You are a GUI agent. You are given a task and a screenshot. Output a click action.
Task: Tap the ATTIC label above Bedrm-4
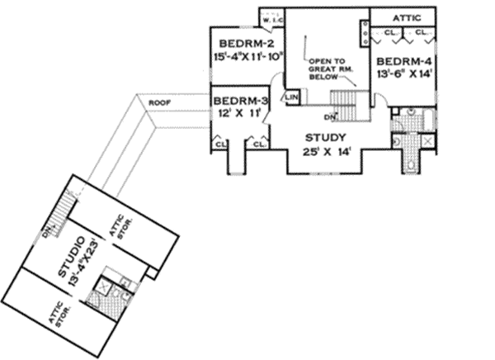[x=405, y=16]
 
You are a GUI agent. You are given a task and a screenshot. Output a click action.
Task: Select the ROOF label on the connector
[x=158, y=102]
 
